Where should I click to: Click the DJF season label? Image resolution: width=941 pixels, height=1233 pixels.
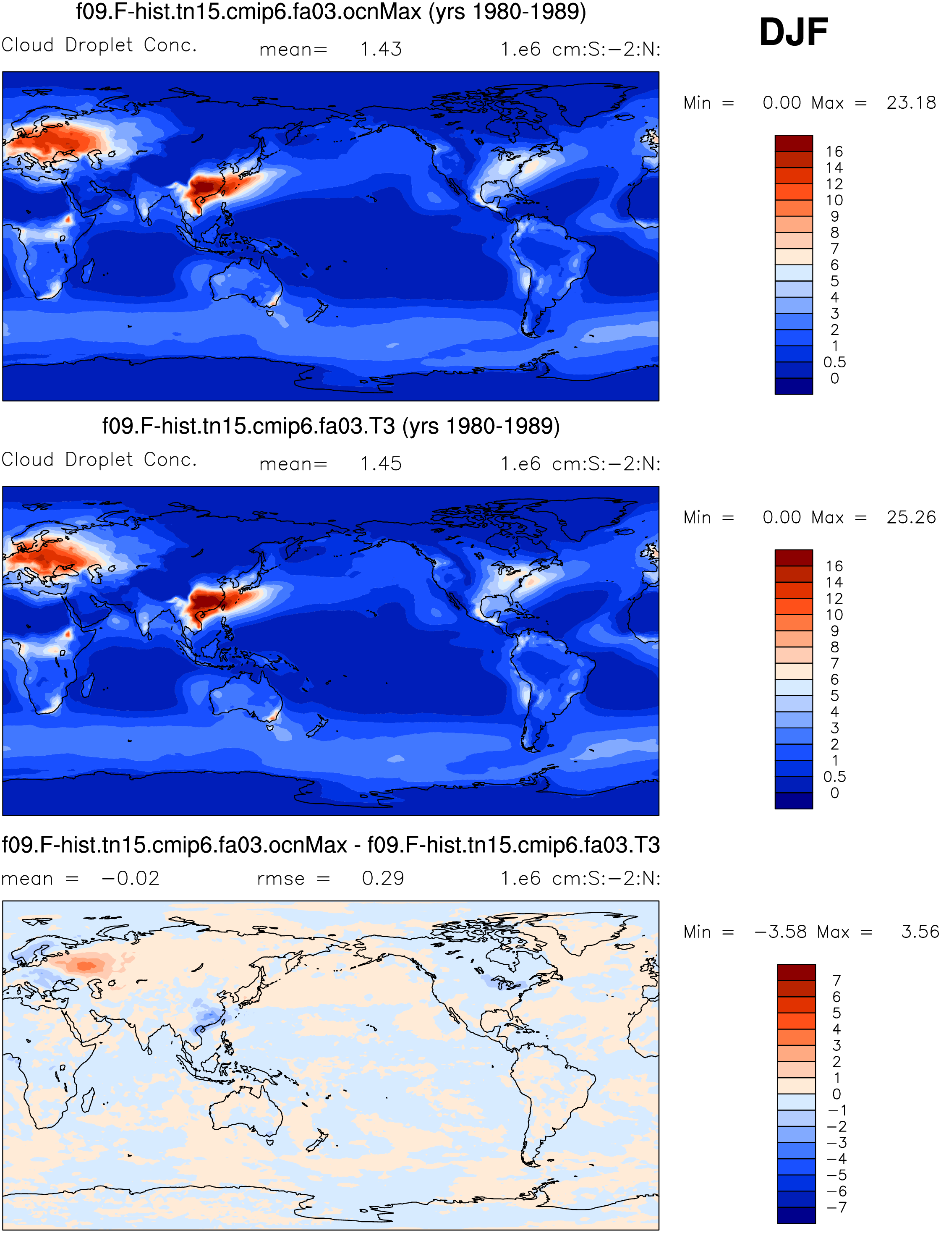pos(793,32)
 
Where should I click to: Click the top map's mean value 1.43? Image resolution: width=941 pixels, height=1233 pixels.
pos(381,49)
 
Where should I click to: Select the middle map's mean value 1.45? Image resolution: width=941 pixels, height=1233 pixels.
pos(381,464)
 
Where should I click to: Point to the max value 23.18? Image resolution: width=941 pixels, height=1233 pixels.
pos(911,103)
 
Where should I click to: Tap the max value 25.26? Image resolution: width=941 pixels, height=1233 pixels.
pos(911,518)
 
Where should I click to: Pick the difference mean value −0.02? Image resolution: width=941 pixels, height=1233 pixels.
pos(131,878)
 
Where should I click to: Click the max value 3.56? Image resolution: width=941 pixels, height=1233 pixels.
pos(920,932)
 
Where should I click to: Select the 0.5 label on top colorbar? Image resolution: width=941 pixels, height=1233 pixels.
pos(834,362)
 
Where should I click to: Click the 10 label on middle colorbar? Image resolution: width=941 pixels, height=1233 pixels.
pos(834,615)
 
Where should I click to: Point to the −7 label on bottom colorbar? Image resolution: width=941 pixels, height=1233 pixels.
pos(837,1207)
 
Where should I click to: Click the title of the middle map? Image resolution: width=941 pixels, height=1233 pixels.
pos(331,426)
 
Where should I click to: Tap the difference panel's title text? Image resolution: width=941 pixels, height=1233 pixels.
pos(331,845)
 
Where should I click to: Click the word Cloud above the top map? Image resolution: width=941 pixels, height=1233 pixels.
pos(27,45)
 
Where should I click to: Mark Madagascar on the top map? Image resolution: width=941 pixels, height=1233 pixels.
pos(88,270)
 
